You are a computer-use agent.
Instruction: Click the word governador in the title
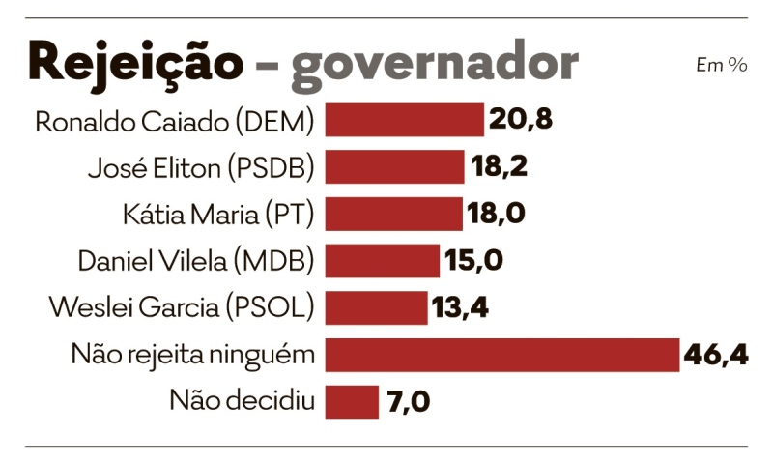(x=435, y=64)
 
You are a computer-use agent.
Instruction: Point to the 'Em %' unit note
(x=721, y=65)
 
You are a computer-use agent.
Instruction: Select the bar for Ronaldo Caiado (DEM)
(x=404, y=120)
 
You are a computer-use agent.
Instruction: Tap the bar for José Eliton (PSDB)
(x=394, y=167)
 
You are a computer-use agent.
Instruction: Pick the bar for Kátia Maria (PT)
(x=393, y=214)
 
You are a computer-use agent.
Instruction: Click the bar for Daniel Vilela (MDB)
(x=382, y=261)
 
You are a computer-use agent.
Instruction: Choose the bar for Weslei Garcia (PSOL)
(x=376, y=307)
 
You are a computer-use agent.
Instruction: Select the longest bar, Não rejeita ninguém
(x=502, y=355)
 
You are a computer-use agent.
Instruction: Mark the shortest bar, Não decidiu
(x=352, y=401)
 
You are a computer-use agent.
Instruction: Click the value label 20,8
(x=520, y=120)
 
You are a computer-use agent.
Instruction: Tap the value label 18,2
(x=500, y=167)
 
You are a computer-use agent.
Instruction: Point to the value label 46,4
(x=715, y=355)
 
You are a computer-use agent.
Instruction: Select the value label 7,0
(x=407, y=401)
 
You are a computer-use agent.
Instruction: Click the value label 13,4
(x=461, y=307)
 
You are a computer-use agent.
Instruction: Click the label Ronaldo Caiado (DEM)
(x=175, y=122)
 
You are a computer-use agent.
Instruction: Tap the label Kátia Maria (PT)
(x=219, y=215)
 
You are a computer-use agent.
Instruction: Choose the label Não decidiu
(x=243, y=400)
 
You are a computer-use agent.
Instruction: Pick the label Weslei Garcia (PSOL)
(x=182, y=308)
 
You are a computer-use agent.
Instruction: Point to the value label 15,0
(x=474, y=261)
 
